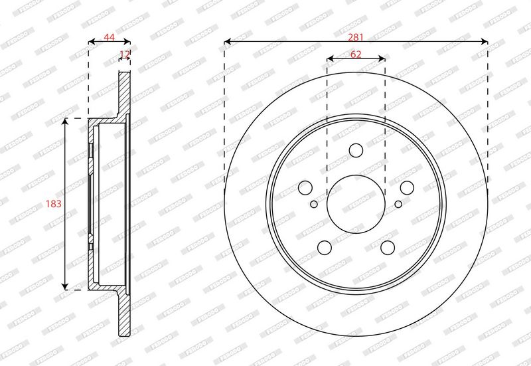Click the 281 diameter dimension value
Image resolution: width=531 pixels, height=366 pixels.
click(x=356, y=37)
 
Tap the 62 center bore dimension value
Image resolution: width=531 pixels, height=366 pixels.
click(x=356, y=54)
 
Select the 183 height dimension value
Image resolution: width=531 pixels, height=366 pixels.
click(x=54, y=204)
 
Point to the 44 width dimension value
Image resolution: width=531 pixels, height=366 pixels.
click(x=109, y=37)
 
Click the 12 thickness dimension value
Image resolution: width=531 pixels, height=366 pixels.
click(x=125, y=54)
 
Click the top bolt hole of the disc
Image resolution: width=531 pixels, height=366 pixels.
click(x=356, y=150)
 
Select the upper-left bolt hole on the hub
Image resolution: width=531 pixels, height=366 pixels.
click(x=305, y=187)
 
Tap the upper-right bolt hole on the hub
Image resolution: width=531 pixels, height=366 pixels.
click(x=407, y=187)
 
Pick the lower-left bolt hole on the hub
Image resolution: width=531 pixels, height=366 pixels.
click(x=325, y=248)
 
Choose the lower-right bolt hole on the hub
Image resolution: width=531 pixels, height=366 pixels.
click(x=388, y=248)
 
